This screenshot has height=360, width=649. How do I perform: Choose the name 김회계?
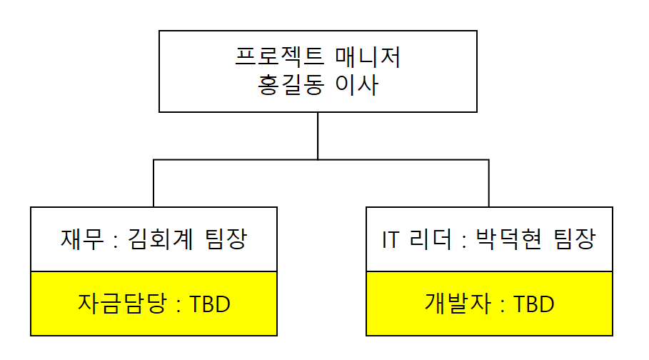point(156,239)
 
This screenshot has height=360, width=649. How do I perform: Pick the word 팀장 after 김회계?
point(225,239)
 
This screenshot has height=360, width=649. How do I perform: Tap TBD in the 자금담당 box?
point(211,304)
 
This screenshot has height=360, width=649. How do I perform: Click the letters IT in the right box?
point(391,239)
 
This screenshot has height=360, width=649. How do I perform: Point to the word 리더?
point(430,239)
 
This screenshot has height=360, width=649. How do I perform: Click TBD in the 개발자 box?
point(535,304)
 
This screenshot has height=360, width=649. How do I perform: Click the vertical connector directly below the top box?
point(318,136)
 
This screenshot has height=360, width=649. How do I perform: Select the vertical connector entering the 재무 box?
point(154,184)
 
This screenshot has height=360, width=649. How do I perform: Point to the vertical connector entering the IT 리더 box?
point(489,184)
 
